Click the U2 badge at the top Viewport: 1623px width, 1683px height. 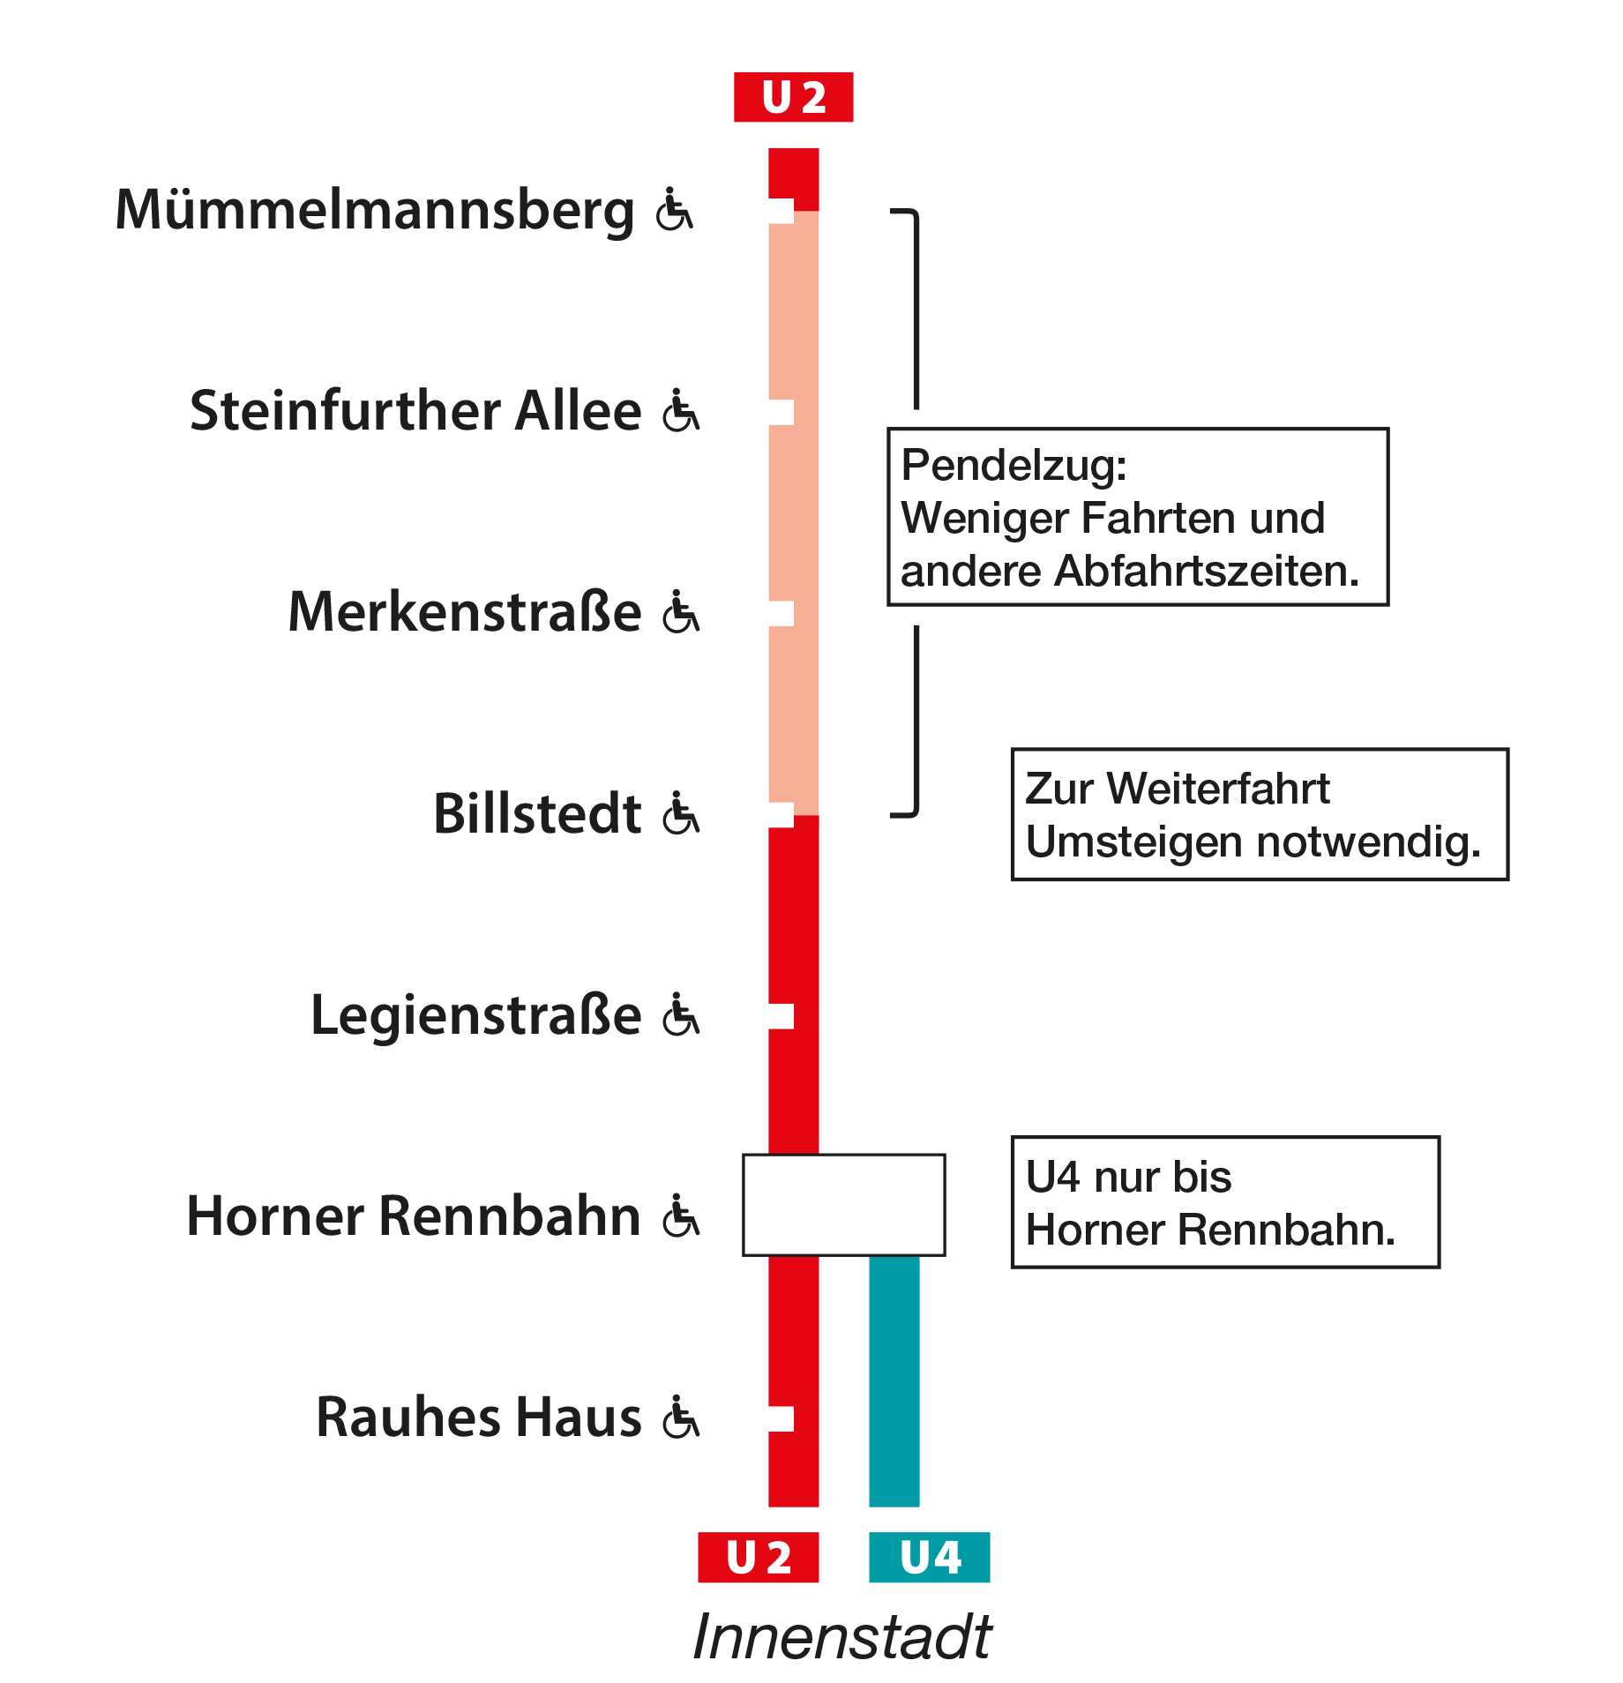tap(793, 97)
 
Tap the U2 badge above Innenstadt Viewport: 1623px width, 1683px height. tap(758, 1557)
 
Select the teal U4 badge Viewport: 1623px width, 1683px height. tap(929, 1557)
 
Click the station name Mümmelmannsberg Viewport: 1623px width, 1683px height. tap(375, 212)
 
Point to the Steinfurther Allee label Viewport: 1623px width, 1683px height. tap(415, 411)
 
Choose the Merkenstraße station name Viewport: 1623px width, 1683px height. tap(465, 612)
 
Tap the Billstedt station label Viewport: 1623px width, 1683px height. tap(537, 813)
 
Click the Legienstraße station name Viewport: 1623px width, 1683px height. tap(476, 1015)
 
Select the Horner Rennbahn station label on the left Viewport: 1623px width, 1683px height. tap(414, 1216)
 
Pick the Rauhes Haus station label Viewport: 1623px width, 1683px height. tap(479, 1417)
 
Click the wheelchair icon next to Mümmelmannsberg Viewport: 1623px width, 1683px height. tap(675, 209)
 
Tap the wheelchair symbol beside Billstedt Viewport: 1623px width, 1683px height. tap(681, 812)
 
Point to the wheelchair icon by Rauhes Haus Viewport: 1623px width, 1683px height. tap(681, 1417)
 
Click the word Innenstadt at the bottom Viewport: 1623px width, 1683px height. tap(842, 1637)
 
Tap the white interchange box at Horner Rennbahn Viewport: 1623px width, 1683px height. tap(844, 1205)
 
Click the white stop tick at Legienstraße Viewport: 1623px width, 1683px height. tap(781, 1016)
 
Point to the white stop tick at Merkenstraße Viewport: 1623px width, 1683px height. tap(781, 614)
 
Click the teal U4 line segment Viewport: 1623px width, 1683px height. tap(894, 1381)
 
